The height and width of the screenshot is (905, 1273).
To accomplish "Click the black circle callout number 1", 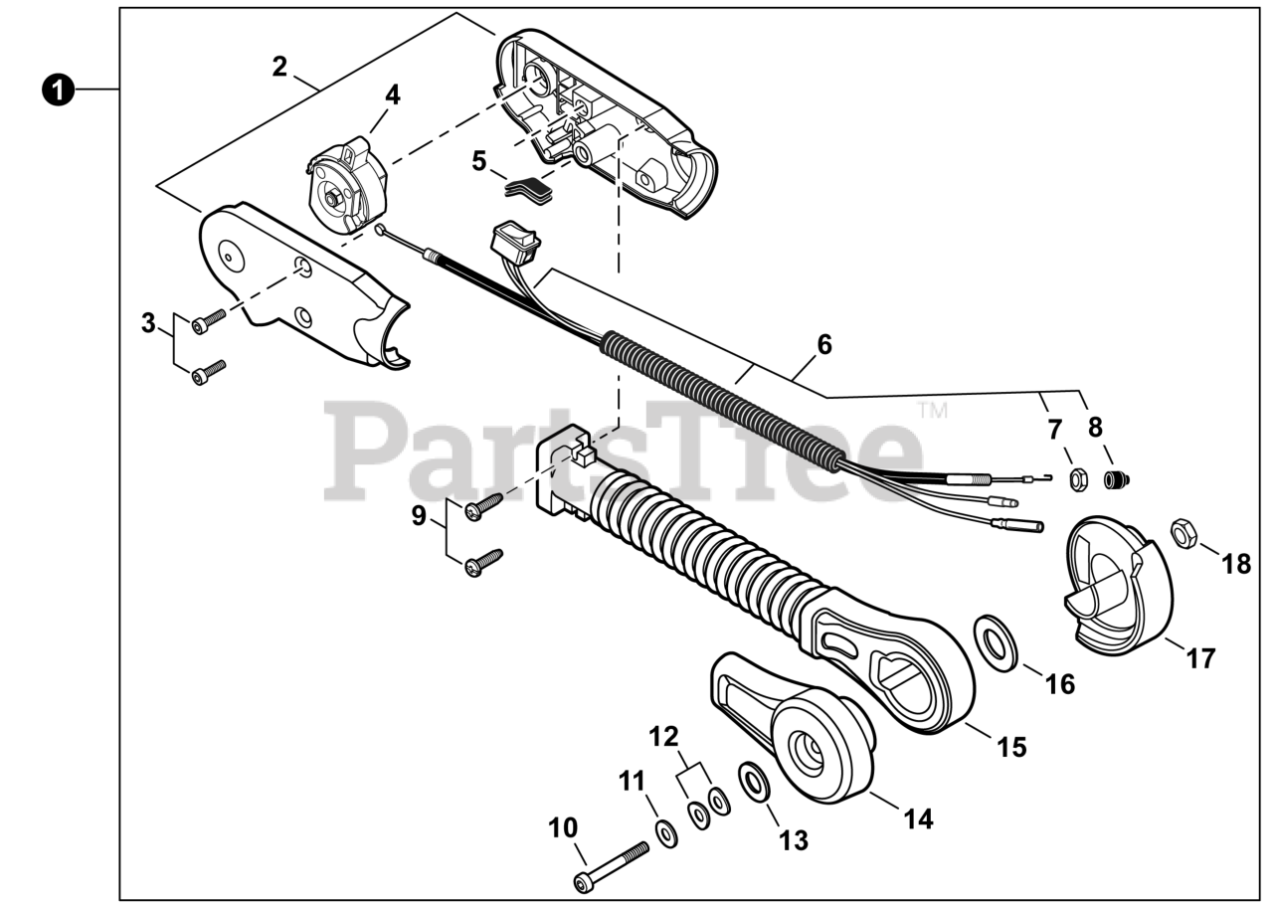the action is click(x=59, y=90).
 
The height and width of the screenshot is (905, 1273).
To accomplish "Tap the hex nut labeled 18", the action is click(x=1182, y=534).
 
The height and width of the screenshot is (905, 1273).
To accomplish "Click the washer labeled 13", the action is click(x=757, y=782).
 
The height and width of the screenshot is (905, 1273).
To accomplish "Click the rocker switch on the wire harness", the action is click(x=514, y=243).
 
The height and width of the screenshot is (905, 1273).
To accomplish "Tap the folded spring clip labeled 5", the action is click(x=529, y=187).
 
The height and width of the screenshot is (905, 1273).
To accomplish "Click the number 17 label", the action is click(x=1200, y=657).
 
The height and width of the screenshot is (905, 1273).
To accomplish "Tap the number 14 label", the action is click(x=918, y=818).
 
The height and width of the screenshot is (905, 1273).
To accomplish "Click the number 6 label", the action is click(x=824, y=345).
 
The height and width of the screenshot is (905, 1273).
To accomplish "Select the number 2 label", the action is click(x=279, y=67).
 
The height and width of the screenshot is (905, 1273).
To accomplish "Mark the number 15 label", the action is click(x=1011, y=747).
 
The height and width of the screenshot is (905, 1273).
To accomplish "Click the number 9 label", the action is click(x=419, y=515).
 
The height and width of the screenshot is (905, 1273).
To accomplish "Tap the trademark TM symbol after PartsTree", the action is click(x=932, y=410).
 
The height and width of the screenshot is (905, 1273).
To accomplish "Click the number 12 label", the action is click(x=663, y=737).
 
